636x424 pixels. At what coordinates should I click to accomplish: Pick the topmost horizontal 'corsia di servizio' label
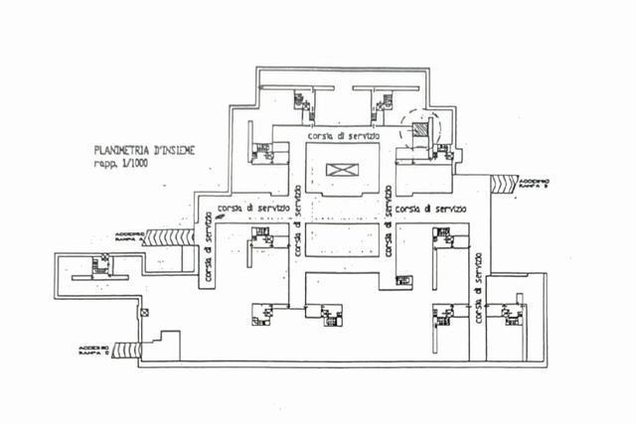pyautogui.click(x=342, y=134)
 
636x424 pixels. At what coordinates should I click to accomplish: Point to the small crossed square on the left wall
pyautogui.click(x=144, y=312)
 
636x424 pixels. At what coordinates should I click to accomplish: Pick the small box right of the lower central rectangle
pyautogui.click(x=403, y=280)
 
